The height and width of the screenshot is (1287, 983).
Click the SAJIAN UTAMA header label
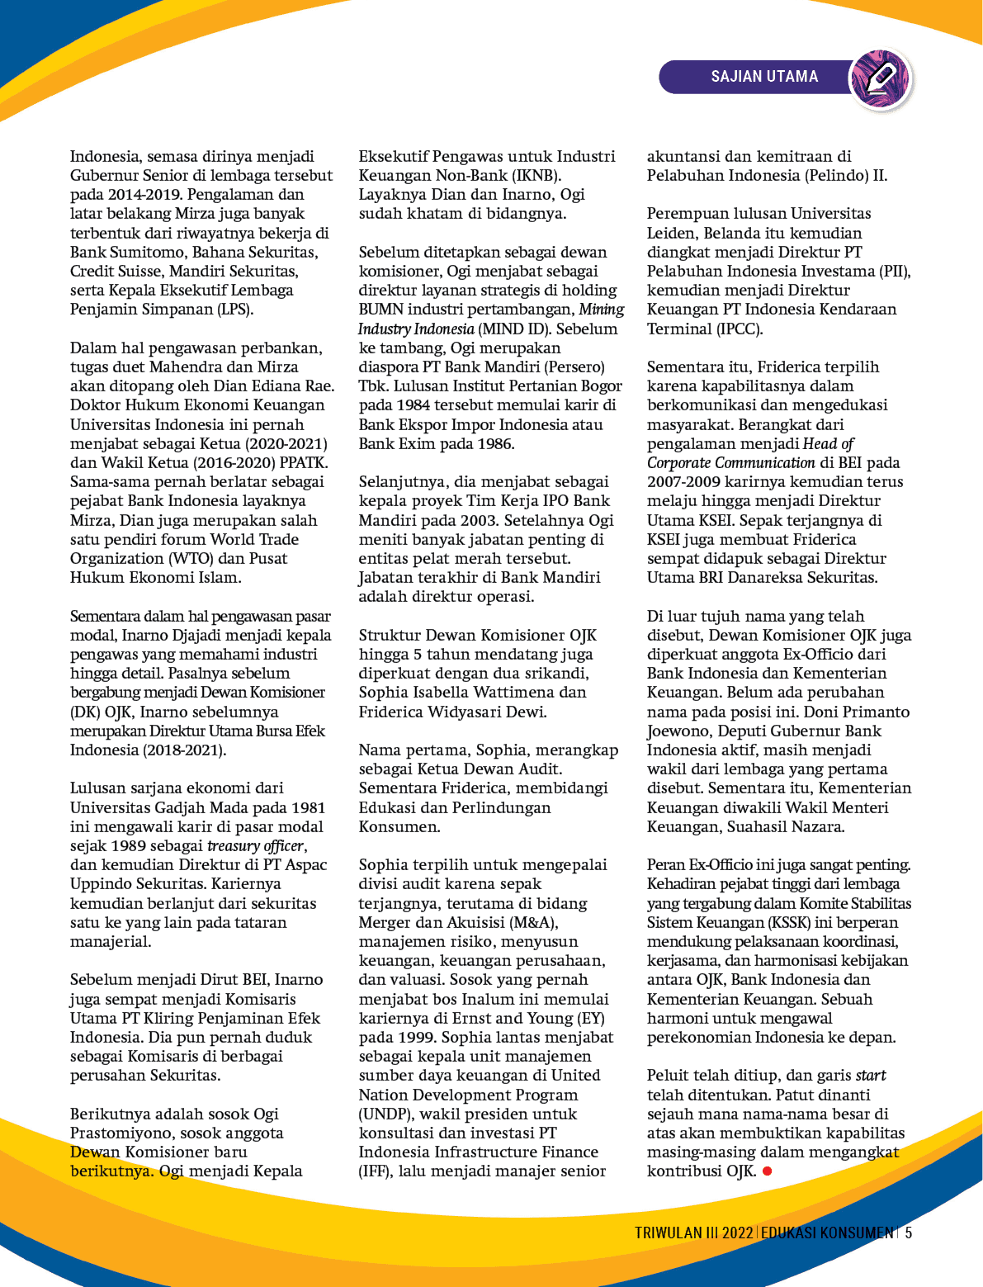tap(764, 77)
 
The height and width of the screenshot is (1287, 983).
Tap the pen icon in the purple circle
tap(881, 78)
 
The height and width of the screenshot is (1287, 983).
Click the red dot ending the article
tap(767, 1171)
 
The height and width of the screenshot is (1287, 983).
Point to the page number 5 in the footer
tap(909, 1233)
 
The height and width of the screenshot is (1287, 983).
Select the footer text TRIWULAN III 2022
tap(693, 1233)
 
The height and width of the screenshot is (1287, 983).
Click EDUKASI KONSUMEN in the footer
tap(827, 1233)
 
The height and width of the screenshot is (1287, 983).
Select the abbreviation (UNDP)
tap(383, 1114)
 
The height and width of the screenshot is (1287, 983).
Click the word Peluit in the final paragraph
tap(671, 1075)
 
